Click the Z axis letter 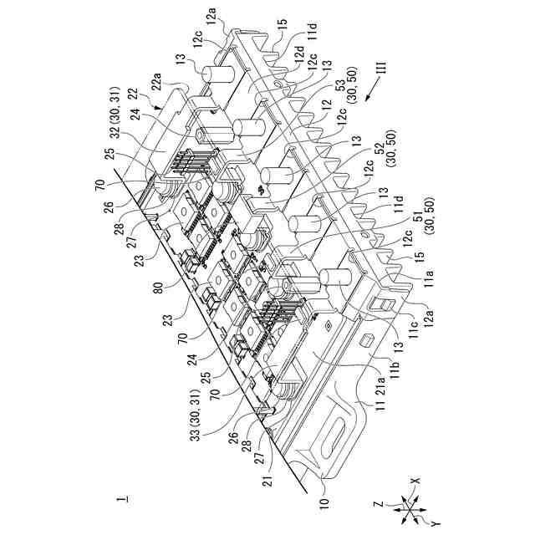pos(380,506)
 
